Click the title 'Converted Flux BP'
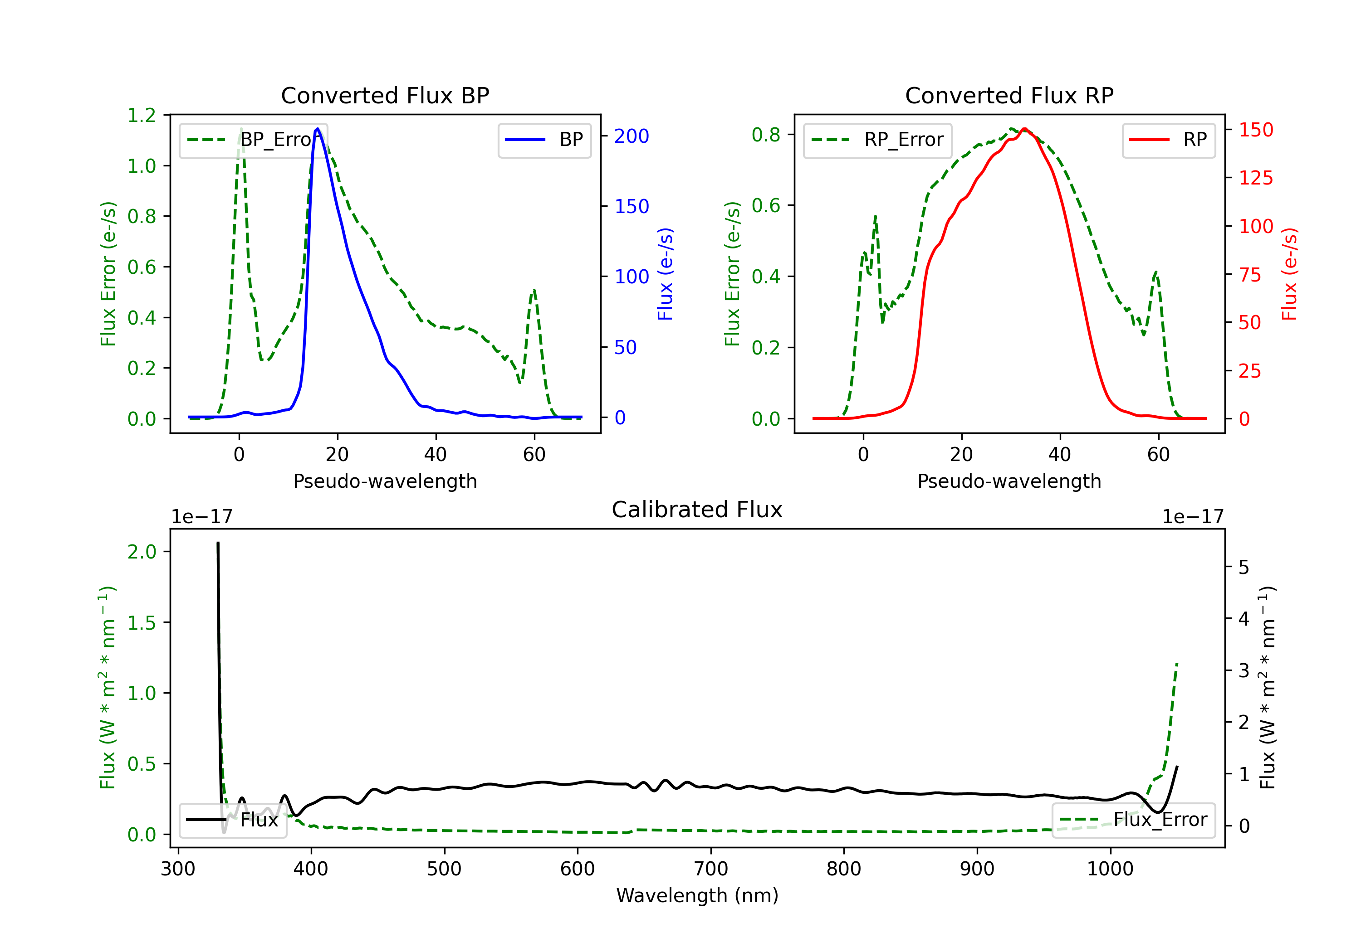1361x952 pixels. [385, 95]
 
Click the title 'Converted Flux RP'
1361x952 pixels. [1009, 95]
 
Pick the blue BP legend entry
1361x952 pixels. [544, 140]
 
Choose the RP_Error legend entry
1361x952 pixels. [877, 140]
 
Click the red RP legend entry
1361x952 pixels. [1168, 140]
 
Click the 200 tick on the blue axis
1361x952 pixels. [632, 136]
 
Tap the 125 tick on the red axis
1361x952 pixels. [1255, 178]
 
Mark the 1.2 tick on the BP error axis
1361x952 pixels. [142, 115]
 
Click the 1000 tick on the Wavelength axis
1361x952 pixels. [1110, 869]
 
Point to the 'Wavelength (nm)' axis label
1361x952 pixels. [697, 895]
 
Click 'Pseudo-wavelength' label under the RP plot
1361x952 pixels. [1009, 481]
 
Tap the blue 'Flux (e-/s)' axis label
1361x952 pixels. [665, 274]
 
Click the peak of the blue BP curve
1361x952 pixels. [318, 129]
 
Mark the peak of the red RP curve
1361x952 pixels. [1024, 129]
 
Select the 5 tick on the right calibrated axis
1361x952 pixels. [1244, 568]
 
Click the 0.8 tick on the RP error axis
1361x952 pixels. [766, 135]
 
